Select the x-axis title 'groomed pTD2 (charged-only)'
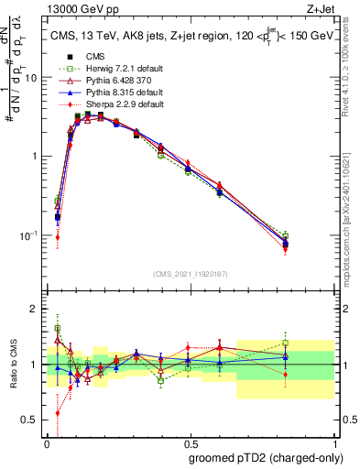[x=262, y=458]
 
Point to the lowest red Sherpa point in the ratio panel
[x=58, y=413]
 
